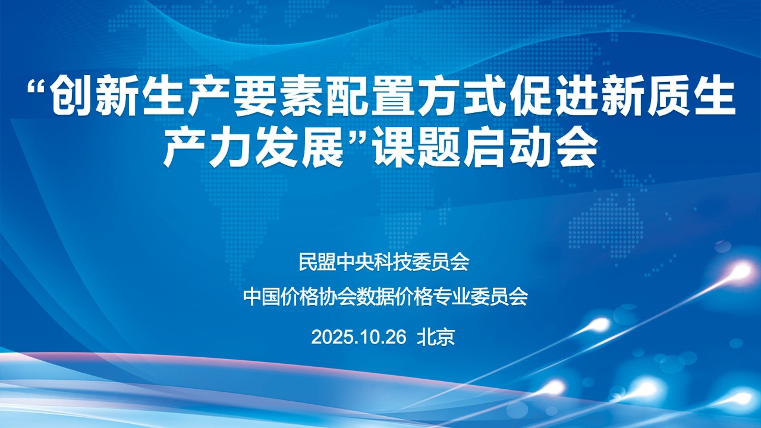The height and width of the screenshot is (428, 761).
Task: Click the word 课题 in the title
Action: pos(415,148)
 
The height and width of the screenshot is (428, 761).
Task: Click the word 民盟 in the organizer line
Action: pos(317,262)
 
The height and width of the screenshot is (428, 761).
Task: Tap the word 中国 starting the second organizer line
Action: pos(262,297)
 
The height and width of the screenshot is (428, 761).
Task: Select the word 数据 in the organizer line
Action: pos(375,297)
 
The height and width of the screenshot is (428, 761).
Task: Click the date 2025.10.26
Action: pos(359,337)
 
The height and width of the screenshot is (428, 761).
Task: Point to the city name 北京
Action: pos(436,337)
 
